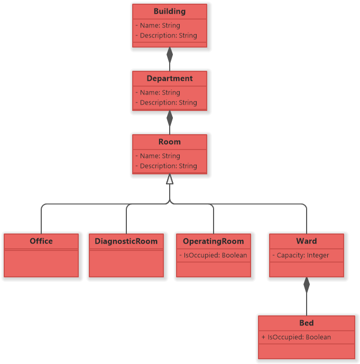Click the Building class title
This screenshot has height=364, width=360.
point(169,11)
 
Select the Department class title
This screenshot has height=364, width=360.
point(169,78)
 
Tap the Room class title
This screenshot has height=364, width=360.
point(169,142)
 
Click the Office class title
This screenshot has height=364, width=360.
point(41,241)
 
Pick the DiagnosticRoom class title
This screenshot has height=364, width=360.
point(126,241)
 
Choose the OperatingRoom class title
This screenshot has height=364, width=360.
point(213,241)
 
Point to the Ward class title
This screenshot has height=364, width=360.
point(306,241)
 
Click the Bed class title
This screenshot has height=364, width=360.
point(306,323)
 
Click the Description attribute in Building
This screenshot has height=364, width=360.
point(166,35)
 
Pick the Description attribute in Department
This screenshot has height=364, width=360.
point(166,102)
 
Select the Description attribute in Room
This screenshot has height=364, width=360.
point(166,166)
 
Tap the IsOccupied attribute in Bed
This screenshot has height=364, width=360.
point(296,337)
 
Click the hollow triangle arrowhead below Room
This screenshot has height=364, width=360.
point(170,179)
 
